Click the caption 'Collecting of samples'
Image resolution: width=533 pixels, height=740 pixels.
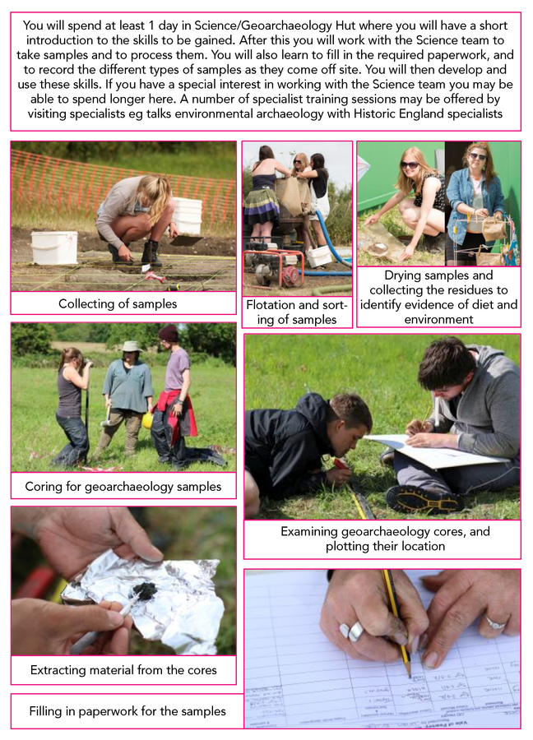(x=118, y=303)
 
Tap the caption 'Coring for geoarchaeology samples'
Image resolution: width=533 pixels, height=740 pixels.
(x=123, y=487)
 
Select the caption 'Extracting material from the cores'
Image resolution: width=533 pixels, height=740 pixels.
(x=123, y=669)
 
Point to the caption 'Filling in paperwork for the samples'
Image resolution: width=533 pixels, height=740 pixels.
(x=127, y=710)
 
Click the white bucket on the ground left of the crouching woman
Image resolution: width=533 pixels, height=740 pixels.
(x=53, y=247)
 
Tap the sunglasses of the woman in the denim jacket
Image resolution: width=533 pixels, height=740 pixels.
(x=478, y=157)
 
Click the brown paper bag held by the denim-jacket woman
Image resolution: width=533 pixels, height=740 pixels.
(x=494, y=229)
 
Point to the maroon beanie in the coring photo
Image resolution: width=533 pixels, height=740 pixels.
(x=168, y=333)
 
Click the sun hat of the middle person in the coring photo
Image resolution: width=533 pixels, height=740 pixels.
(x=132, y=346)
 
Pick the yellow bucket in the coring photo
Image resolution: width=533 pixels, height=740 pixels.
(x=148, y=419)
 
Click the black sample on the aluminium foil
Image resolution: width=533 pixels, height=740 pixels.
(x=143, y=589)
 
